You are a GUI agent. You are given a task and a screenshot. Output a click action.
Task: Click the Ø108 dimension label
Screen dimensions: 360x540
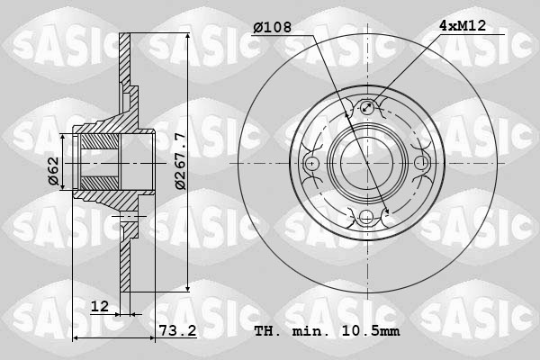[x=272, y=27]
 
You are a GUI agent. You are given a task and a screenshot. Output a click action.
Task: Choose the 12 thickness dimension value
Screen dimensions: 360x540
[x=101, y=307]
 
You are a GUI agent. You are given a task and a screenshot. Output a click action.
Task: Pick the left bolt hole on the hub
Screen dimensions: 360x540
[x=312, y=163]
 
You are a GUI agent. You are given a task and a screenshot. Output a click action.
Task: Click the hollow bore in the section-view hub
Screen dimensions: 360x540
[x=97, y=163]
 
